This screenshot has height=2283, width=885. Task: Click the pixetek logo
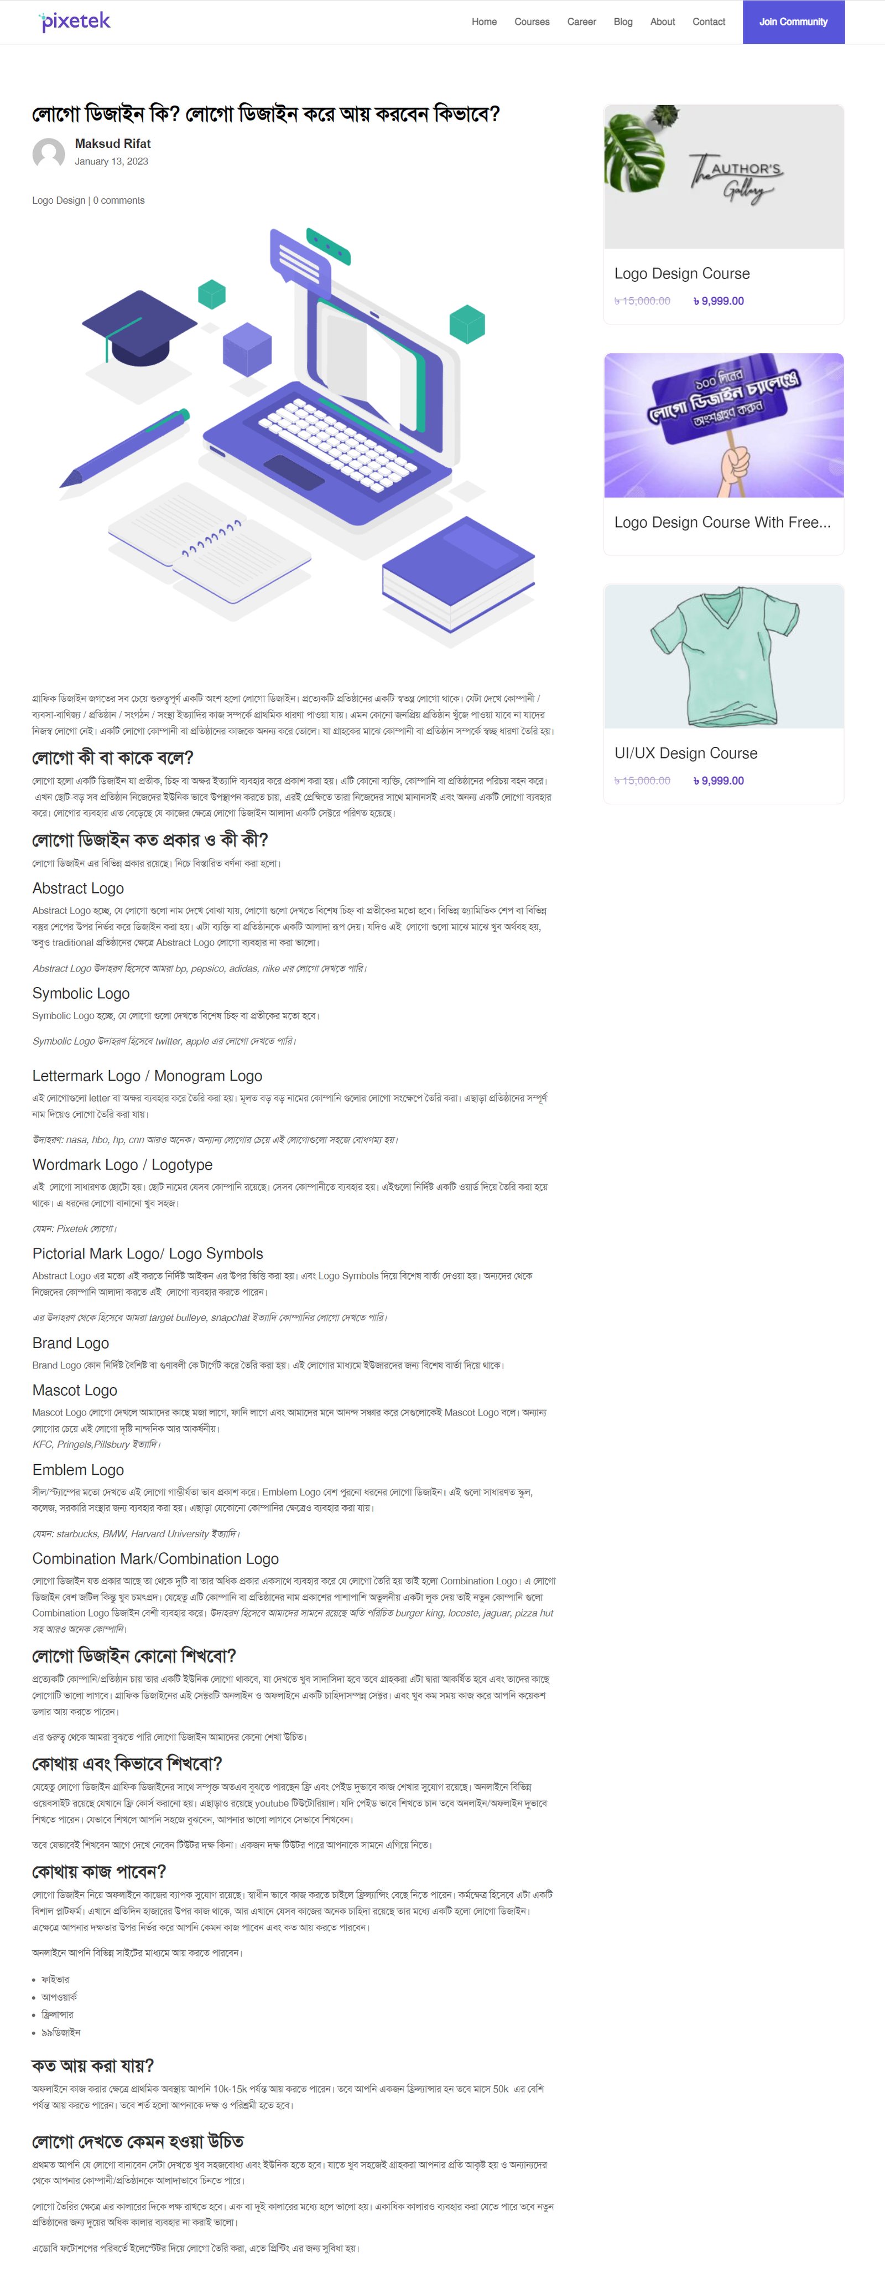click(x=75, y=21)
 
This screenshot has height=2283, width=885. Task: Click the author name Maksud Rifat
click(x=112, y=143)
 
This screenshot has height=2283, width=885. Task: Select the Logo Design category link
click(x=59, y=200)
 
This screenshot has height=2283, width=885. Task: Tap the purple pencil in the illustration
click(x=124, y=447)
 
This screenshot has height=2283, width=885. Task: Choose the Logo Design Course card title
click(x=681, y=274)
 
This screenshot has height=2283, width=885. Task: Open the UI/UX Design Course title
click(x=686, y=753)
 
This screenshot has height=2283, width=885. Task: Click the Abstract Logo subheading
click(x=78, y=888)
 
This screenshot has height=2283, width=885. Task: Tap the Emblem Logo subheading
click(x=78, y=1469)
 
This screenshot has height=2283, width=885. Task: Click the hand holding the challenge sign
click(x=735, y=469)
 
